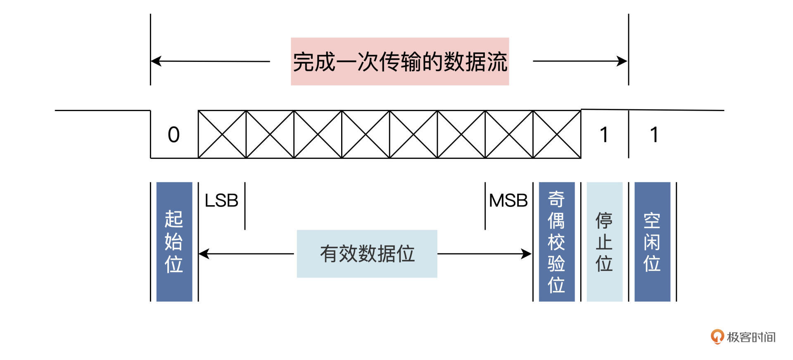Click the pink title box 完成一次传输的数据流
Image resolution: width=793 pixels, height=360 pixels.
(x=399, y=62)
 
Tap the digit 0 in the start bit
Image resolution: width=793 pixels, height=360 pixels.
(x=174, y=135)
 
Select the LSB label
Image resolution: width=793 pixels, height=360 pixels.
(x=221, y=201)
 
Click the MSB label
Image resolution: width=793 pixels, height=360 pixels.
(x=508, y=201)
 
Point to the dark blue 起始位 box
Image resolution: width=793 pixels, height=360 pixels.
(x=174, y=242)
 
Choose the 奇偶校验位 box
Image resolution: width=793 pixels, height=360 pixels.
(x=556, y=242)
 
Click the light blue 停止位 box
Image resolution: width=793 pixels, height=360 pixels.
(x=604, y=242)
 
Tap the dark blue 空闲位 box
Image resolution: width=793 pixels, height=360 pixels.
(x=652, y=242)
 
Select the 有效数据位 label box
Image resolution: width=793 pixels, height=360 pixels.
(x=367, y=253)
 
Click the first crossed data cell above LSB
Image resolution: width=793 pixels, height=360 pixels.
(x=222, y=134)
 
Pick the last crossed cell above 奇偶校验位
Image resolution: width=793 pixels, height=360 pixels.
(x=557, y=134)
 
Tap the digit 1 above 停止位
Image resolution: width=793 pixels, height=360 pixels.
(x=604, y=135)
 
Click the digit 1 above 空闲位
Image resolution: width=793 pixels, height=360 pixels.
(x=654, y=135)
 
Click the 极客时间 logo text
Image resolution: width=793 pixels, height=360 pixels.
(x=751, y=337)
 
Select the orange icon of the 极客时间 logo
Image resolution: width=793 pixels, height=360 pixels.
(x=717, y=336)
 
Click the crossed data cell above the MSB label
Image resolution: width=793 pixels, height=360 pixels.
(x=509, y=134)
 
